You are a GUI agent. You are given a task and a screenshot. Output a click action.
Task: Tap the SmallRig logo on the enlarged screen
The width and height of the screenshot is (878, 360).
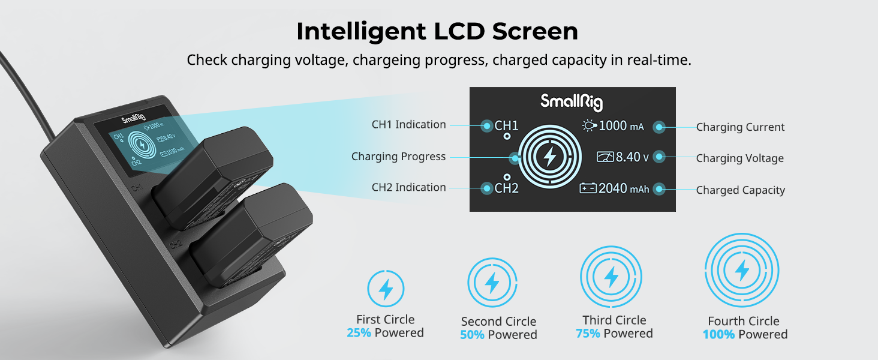(x=572, y=101)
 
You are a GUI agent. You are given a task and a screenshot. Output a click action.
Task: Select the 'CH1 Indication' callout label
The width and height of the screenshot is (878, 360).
(x=408, y=125)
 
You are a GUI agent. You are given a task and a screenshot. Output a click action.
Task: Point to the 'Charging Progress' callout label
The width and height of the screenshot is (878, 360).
(x=398, y=157)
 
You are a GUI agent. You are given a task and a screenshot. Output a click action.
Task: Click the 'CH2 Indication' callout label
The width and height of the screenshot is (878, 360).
(x=408, y=187)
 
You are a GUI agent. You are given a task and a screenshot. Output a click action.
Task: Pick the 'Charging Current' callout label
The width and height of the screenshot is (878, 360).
(x=740, y=127)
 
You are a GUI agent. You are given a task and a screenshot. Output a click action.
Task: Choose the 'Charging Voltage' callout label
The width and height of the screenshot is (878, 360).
(x=739, y=158)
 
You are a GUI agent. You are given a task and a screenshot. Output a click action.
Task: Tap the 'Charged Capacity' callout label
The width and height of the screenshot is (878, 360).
(x=741, y=190)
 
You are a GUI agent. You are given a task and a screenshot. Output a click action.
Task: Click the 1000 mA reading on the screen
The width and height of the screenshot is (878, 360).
(x=621, y=126)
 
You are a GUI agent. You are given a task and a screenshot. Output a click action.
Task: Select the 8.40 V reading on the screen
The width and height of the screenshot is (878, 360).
(x=632, y=157)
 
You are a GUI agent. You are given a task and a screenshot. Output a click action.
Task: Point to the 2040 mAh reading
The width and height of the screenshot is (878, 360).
(x=624, y=188)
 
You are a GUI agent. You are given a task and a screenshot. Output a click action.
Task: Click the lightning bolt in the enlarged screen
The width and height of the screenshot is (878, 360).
(x=550, y=157)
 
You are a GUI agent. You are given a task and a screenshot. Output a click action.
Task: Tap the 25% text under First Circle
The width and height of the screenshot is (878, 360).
(x=359, y=333)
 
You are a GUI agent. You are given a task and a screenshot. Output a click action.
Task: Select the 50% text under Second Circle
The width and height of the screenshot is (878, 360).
(x=472, y=335)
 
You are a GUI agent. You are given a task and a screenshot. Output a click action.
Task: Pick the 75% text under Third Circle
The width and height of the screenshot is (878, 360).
(x=588, y=334)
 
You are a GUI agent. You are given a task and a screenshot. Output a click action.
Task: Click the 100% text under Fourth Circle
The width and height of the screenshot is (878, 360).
(x=718, y=335)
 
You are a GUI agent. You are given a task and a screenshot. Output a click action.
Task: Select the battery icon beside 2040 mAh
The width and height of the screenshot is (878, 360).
(x=588, y=188)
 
